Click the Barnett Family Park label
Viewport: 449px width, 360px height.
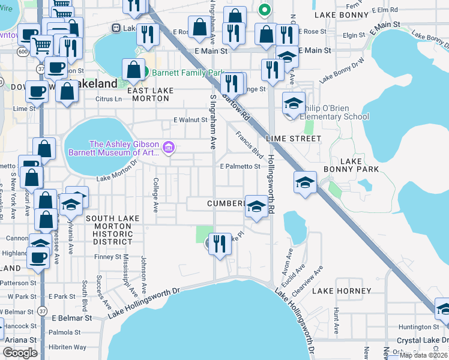point(187,73)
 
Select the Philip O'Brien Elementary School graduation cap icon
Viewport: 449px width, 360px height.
point(294,103)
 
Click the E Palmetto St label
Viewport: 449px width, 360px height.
point(240,166)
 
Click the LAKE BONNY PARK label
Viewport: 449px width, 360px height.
point(360,165)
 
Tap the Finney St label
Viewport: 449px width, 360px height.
point(109,257)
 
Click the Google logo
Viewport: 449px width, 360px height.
point(20,353)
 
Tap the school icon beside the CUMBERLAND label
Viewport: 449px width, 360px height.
point(256,207)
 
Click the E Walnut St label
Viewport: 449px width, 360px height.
point(190,120)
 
